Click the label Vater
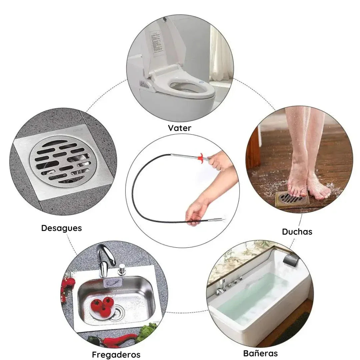coord(179,128)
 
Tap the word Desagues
coord(61,228)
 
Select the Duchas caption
coord(297,232)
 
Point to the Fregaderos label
coord(116,354)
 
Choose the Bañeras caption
coord(260,353)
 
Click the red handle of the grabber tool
coord(201,157)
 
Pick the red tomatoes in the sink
coord(102,306)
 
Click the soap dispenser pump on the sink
coord(122,270)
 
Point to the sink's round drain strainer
coord(117,312)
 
